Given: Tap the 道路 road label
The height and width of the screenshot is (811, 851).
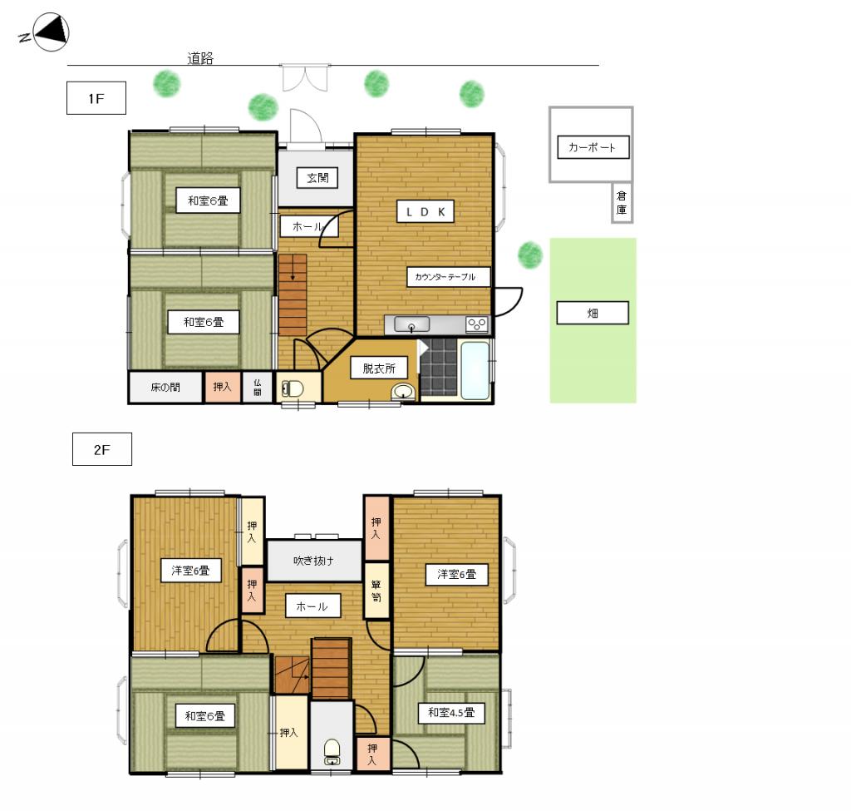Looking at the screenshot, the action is [x=200, y=58].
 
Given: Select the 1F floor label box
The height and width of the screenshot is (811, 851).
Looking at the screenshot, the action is [x=96, y=98].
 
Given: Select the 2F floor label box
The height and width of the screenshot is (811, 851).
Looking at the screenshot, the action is [x=102, y=449].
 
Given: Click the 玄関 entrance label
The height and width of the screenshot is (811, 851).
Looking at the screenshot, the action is [x=317, y=178].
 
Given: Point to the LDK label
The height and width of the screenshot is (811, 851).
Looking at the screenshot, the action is [x=425, y=212].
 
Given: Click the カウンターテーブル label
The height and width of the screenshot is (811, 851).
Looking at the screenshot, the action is [x=448, y=276].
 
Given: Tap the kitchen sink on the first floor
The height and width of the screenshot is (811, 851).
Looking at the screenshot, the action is [x=412, y=324].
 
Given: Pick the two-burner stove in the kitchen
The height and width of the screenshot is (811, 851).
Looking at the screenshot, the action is [x=476, y=324].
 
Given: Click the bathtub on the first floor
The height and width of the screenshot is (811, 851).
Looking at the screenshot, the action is [x=475, y=370].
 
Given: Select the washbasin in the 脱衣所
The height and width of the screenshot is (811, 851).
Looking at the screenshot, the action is [x=403, y=392].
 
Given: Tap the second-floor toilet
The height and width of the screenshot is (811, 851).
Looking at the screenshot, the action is [x=332, y=751].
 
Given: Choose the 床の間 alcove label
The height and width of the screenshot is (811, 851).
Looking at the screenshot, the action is [x=165, y=387].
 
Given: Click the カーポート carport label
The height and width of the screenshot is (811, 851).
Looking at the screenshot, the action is [x=593, y=147].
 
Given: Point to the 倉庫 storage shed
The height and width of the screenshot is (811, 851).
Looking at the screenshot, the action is [x=622, y=203].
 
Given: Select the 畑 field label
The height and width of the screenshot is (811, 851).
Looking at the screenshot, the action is [x=593, y=313].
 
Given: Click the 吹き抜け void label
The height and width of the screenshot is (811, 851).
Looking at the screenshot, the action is [x=313, y=561].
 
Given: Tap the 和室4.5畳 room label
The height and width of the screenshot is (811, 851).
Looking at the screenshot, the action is [x=451, y=712].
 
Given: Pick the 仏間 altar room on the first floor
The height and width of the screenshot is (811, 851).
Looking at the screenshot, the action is [x=258, y=388].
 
